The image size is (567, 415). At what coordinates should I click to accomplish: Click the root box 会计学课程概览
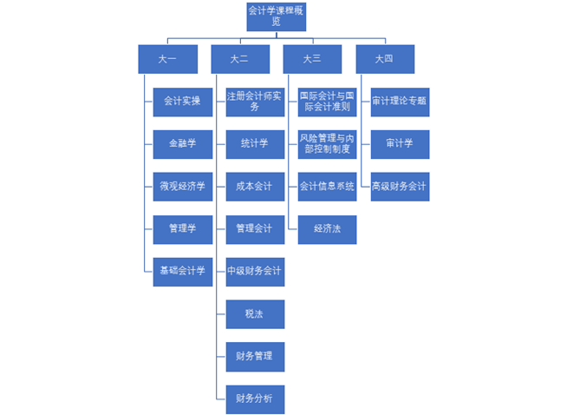pos(276,16)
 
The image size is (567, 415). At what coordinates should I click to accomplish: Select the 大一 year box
pos(167,59)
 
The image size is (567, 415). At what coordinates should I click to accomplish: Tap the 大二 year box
pos(240,59)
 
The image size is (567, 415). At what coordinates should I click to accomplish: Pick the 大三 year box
pos(312,59)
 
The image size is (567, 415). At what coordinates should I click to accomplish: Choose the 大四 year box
pos(385,59)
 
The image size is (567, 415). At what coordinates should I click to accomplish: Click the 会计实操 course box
pos(182,102)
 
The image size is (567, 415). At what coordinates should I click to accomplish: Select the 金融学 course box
pos(182,144)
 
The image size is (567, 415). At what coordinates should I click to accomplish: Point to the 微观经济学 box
pos(182,187)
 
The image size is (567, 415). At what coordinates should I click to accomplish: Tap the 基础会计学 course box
pos(182,271)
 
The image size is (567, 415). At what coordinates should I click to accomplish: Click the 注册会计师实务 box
pos(255,102)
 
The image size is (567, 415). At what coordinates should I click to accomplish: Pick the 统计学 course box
pos(255,144)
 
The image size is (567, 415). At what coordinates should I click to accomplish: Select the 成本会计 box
pos(255,187)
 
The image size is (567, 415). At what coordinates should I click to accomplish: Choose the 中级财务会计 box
pos(255,271)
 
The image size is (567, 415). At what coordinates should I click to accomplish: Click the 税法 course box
pos(255,313)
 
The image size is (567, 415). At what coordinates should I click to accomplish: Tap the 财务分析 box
pos(255,399)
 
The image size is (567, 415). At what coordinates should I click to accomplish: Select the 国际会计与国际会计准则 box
pos(327,102)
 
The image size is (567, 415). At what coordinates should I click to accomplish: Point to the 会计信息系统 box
pos(327,187)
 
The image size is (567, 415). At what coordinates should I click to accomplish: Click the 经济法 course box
pos(327,229)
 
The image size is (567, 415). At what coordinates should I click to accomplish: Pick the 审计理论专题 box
pos(400,102)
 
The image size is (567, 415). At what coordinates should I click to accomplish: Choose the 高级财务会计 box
pos(400,187)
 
